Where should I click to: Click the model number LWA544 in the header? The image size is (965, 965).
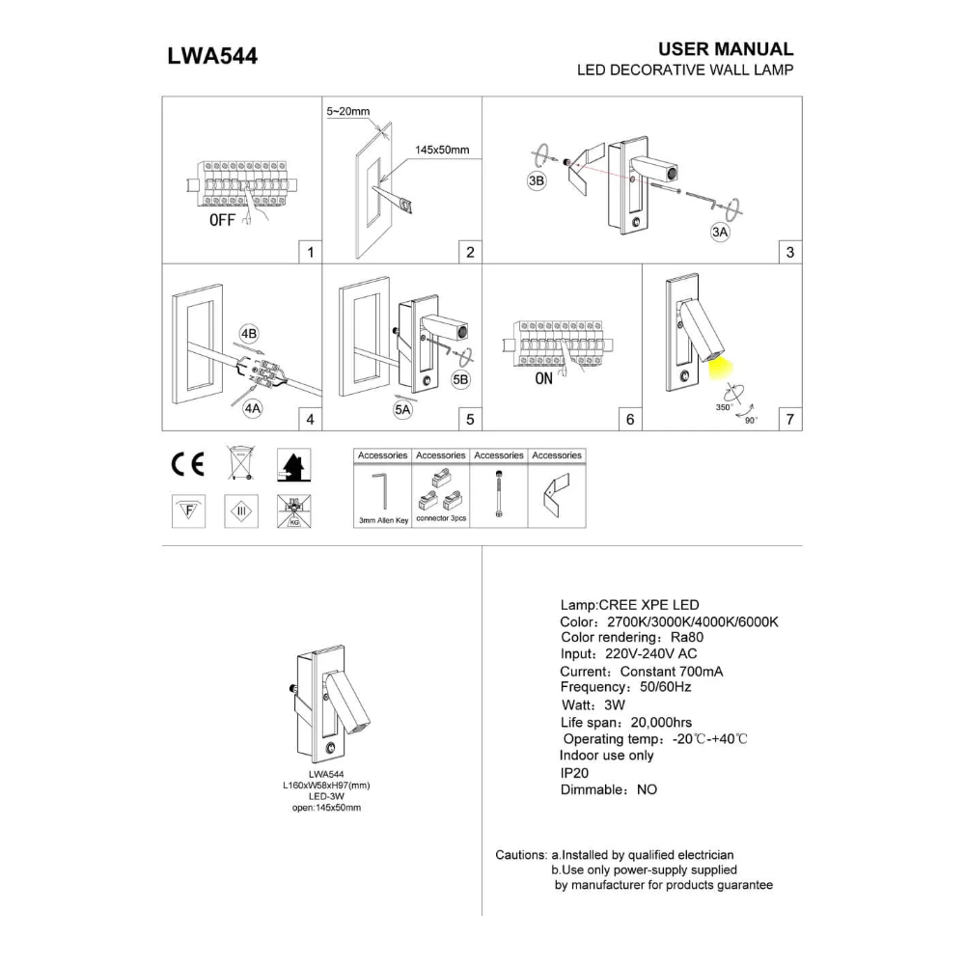(x=212, y=56)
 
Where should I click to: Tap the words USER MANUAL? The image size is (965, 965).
(x=726, y=48)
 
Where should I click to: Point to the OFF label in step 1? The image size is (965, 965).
(x=222, y=220)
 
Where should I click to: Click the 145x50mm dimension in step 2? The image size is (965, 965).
(x=442, y=150)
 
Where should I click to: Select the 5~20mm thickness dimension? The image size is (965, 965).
(x=347, y=111)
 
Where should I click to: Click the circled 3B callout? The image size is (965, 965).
(x=537, y=180)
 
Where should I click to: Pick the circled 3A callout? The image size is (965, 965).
(x=720, y=232)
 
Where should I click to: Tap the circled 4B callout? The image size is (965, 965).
(x=249, y=334)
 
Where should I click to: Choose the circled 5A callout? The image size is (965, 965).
(x=402, y=410)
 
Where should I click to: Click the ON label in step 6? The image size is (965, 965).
(x=544, y=378)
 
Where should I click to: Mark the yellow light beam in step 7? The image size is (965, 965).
(x=721, y=369)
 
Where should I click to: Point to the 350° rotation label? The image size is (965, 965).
(x=724, y=407)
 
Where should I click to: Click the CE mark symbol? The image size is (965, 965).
(x=188, y=464)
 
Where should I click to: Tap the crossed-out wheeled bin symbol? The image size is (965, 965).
(x=240, y=463)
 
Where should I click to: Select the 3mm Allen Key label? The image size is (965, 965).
(x=383, y=521)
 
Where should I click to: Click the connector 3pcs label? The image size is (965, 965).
(x=441, y=518)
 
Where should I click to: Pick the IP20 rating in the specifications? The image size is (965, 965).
(x=574, y=773)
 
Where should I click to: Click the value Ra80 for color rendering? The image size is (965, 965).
(x=687, y=638)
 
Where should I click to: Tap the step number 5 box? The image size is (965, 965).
(x=470, y=420)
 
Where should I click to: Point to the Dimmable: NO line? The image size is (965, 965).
(x=609, y=789)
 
